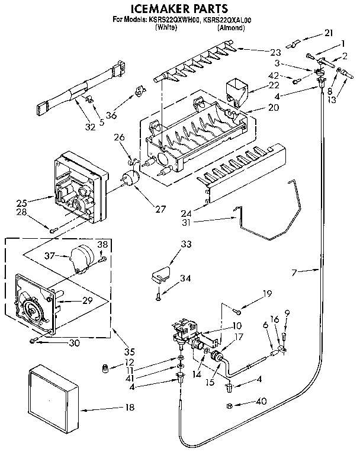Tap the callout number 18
tap(129, 407)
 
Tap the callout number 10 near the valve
tap(237, 326)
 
